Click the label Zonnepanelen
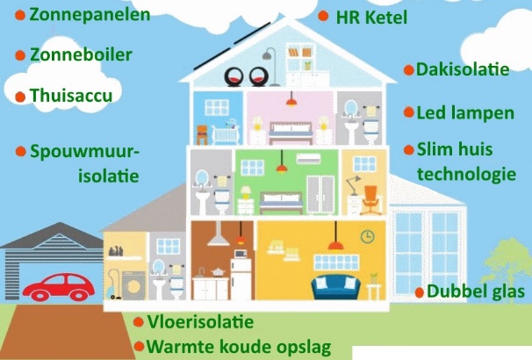(89, 14)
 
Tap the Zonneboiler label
(81, 54)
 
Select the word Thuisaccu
(71, 94)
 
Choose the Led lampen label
(465, 112)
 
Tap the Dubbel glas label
(478, 291)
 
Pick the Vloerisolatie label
(200, 322)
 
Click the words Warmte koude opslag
(239, 346)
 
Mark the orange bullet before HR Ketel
(324, 17)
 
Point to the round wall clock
(367, 236)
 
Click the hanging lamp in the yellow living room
(334, 241)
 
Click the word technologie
(466, 174)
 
